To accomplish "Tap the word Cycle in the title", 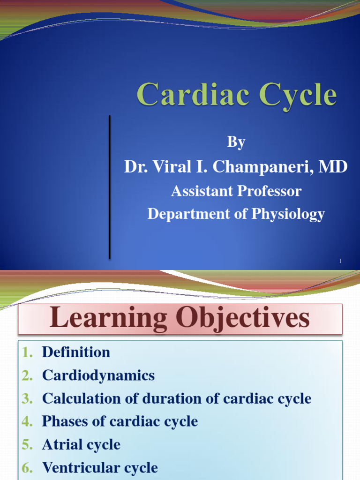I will pos(291,95).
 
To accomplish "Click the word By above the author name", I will pos(236,142).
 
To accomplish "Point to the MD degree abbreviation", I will pos(333,166).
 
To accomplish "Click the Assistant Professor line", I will pos(236,191).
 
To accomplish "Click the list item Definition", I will pos(76,352).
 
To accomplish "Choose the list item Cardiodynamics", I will pos(98,375).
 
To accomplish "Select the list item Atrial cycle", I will pos(81,444).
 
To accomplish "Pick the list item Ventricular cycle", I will pos(100,467).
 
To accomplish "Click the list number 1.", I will pos(27,352).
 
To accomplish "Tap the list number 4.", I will pos(26,422).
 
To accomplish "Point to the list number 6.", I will pos(26,468).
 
